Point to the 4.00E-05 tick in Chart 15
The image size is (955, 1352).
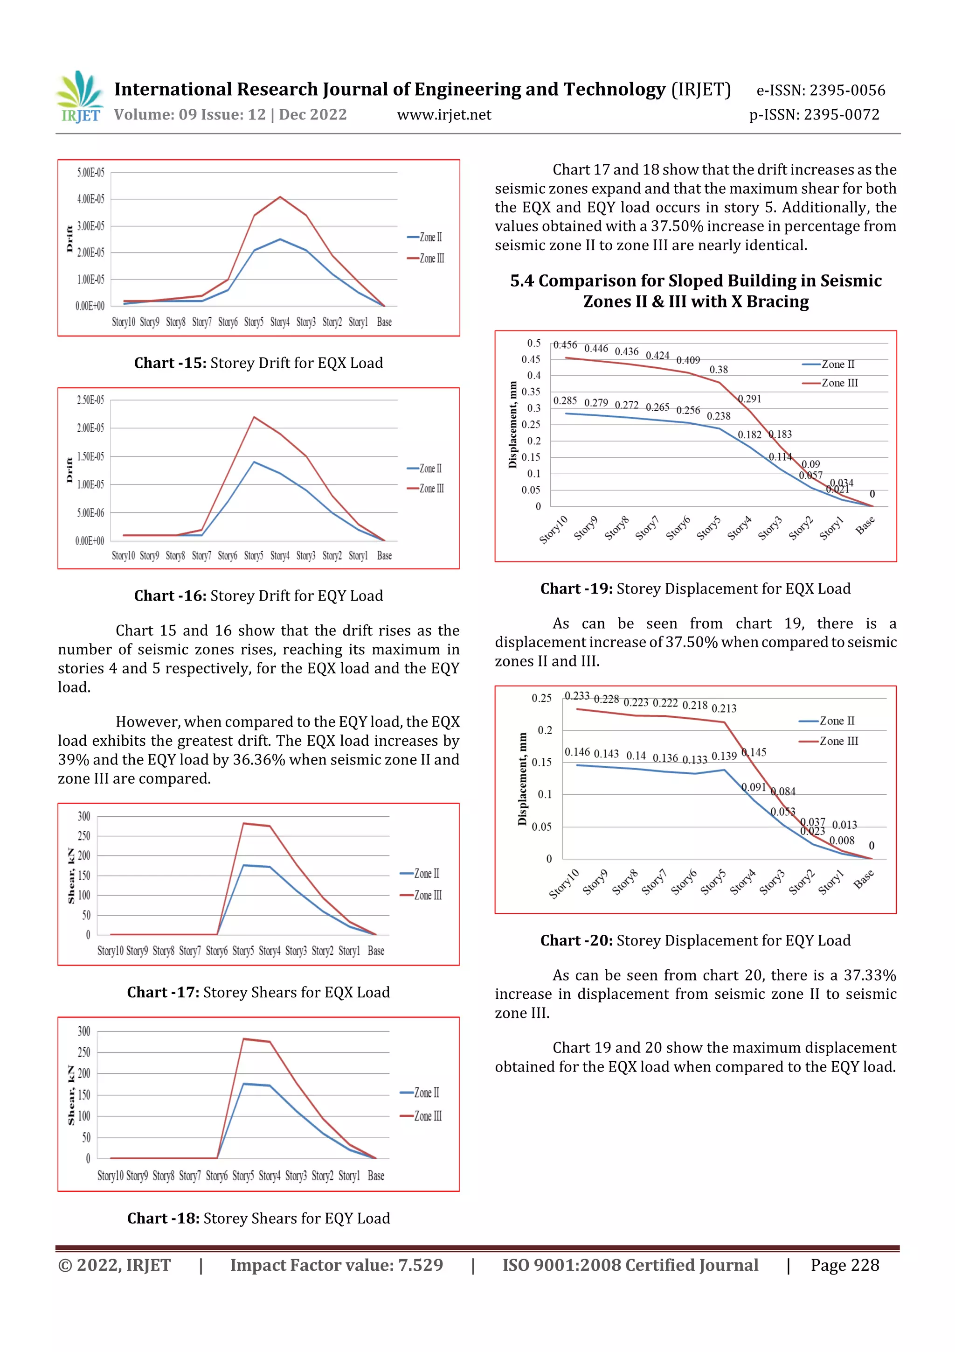[x=90, y=199]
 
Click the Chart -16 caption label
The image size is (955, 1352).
[x=170, y=596]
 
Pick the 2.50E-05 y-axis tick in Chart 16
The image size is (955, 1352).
[x=90, y=400]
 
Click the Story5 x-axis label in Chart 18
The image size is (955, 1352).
[x=243, y=1176]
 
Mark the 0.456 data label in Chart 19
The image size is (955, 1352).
[x=565, y=345]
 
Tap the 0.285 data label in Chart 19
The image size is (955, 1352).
[x=565, y=401]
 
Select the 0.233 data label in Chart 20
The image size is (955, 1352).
[x=577, y=696]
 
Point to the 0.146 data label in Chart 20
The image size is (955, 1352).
[x=577, y=752]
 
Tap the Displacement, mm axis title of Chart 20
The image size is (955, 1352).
[x=522, y=779]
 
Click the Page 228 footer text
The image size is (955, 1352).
[x=844, y=1266]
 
